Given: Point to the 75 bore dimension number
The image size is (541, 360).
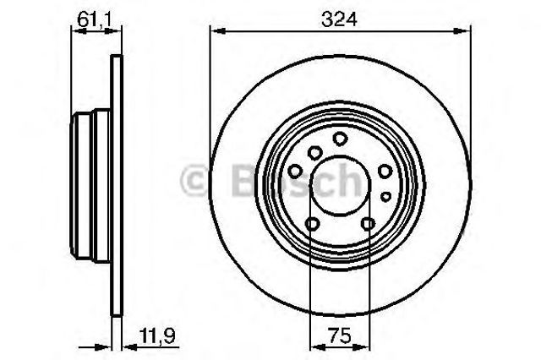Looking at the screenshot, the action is coord(339,335).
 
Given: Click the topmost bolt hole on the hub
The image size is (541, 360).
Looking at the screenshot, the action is coord(340,139).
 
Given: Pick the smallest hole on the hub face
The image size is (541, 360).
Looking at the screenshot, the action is coord(385,197).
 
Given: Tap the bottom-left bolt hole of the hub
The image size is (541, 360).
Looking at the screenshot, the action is coord(312,224).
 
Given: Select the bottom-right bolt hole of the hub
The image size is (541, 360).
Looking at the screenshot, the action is coord(368,224).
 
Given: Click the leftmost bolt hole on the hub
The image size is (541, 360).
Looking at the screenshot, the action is coord(295,171).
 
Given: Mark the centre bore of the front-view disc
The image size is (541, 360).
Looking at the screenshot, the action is coord(340,185).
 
